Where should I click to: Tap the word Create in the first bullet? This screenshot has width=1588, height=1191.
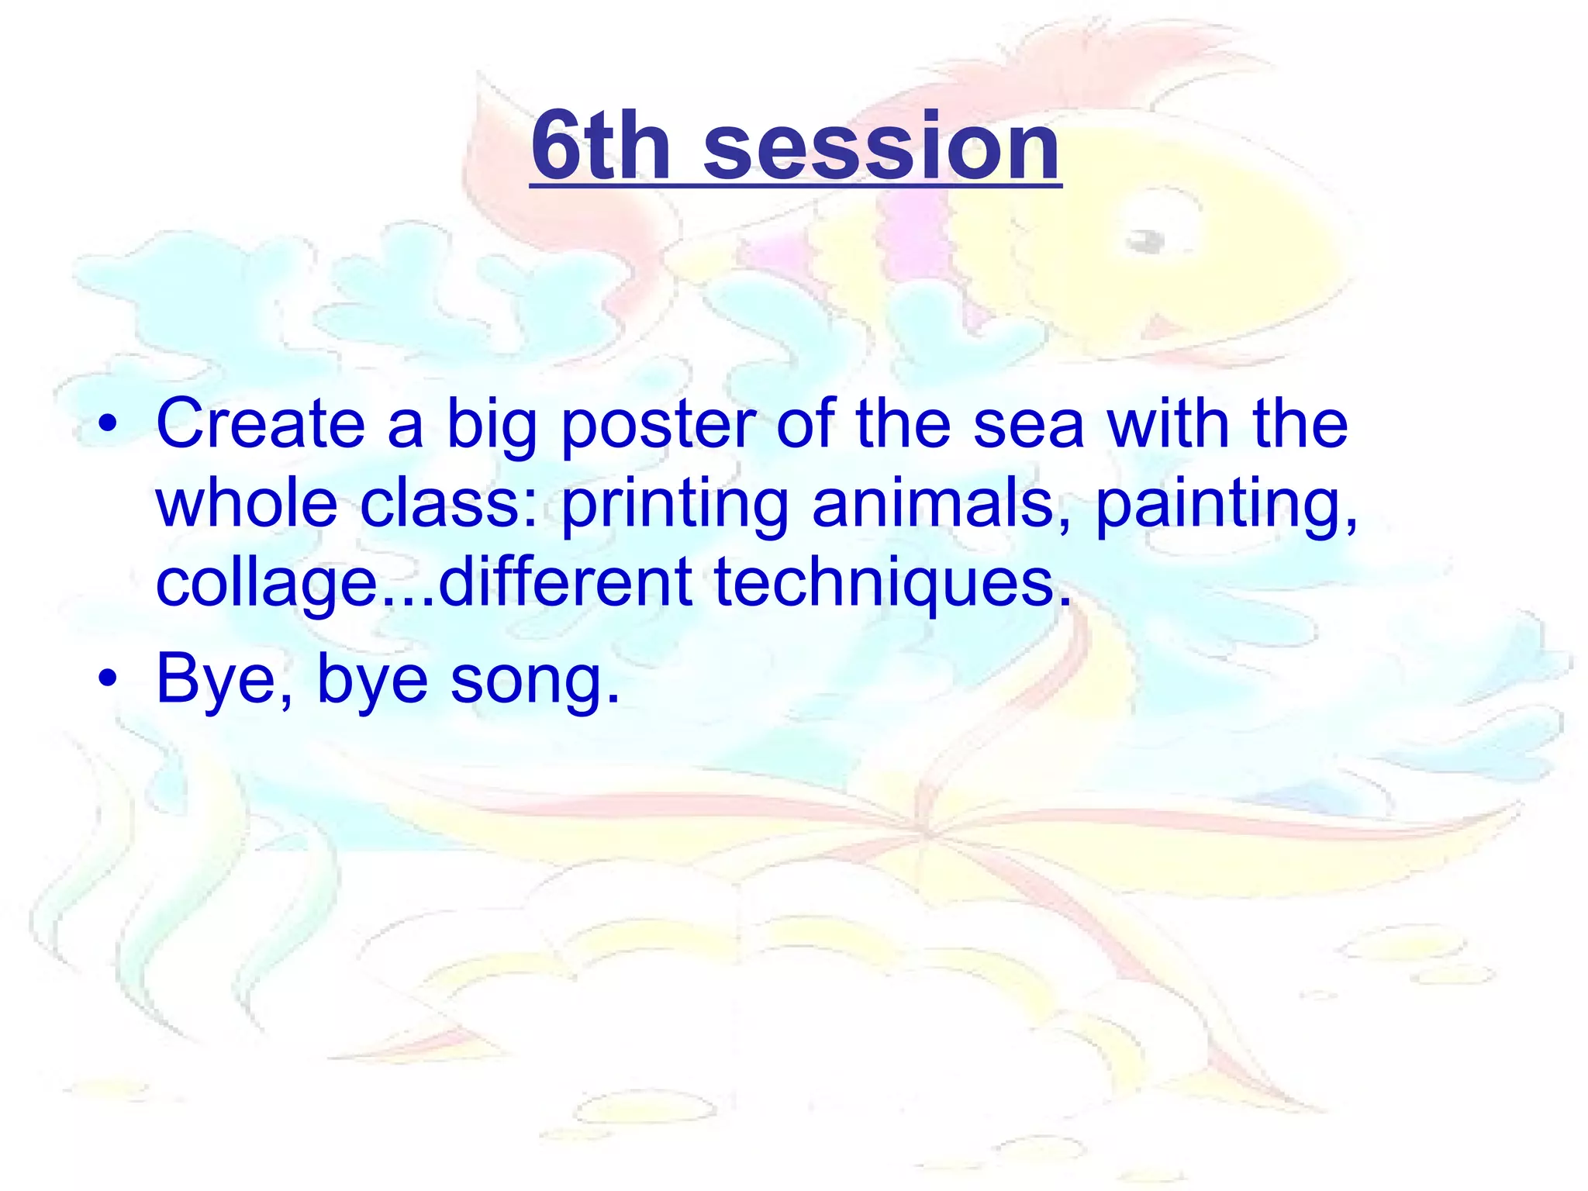tap(261, 424)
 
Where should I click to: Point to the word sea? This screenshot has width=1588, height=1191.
tap(1028, 425)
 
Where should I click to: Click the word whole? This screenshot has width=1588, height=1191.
tap(247, 504)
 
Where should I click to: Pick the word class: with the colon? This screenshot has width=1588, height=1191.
tap(449, 504)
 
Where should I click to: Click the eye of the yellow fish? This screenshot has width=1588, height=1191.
tap(1146, 241)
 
